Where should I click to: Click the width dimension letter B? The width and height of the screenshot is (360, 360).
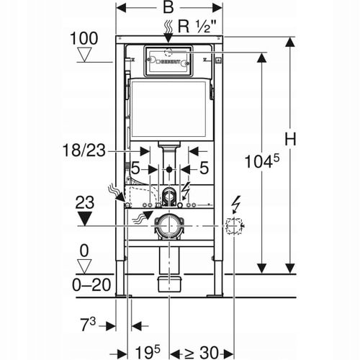pyautogui.click(x=168, y=7)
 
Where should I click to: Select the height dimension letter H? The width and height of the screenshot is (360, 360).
pyautogui.click(x=290, y=139)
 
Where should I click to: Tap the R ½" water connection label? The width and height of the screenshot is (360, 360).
pyautogui.click(x=197, y=27)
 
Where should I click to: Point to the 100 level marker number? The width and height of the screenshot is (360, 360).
pyautogui.click(x=84, y=38)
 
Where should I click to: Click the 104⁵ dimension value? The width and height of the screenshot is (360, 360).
pyautogui.click(x=262, y=161)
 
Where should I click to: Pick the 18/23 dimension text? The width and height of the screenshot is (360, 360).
pyautogui.click(x=84, y=150)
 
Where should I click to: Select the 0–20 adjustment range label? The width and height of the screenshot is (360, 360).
pyautogui.click(x=91, y=285)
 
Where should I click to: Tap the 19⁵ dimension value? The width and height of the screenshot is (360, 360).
pyautogui.click(x=148, y=352)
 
